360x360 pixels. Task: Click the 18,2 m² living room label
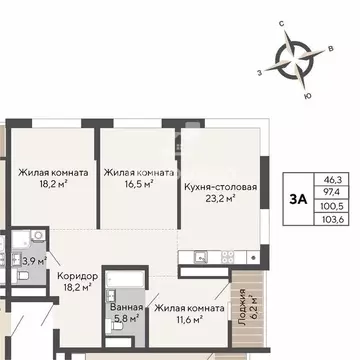pyautogui.click(x=52, y=178)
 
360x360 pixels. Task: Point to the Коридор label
pyautogui.click(x=78, y=275)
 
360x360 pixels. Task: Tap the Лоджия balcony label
pyautogui.click(x=242, y=312)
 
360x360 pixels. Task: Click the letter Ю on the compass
pyautogui.click(x=306, y=95)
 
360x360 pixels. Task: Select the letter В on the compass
pyautogui.click(x=330, y=47)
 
